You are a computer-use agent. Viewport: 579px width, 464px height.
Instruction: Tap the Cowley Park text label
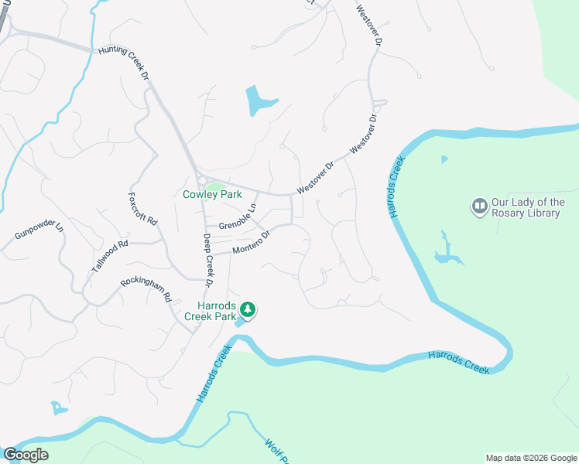click(212, 195)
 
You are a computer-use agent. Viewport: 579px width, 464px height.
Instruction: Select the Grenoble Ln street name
click(238, 217)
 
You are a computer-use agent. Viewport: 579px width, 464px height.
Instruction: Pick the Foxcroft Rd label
click(142, 209)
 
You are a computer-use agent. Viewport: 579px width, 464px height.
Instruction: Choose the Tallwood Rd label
click(109, 254)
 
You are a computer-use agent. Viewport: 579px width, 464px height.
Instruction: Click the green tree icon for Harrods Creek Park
click(248, 310)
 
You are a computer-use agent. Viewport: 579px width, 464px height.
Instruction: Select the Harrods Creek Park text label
click(210, 310)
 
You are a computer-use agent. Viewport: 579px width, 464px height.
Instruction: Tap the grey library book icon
click(479, 206)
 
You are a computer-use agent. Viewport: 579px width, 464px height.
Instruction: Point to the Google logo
click(26, 455)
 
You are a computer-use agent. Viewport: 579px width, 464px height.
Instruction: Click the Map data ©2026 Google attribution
click(530, 458)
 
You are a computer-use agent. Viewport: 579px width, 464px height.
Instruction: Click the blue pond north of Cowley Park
click(258, 101)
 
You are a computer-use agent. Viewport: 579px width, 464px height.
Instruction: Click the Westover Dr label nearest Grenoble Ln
click(316, 177)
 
